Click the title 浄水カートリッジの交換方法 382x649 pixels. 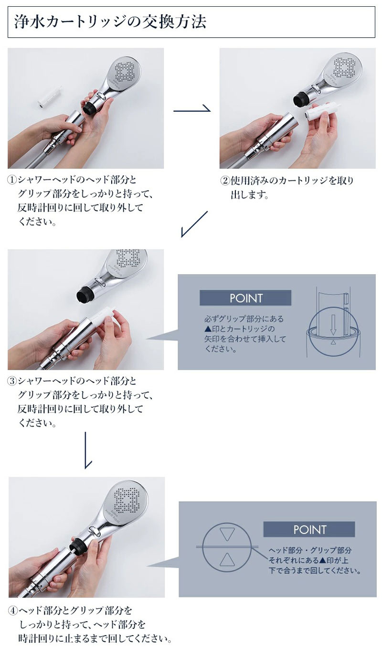coord(110,22)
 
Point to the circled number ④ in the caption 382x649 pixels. coord(13,611)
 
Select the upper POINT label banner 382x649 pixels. coord(245,298)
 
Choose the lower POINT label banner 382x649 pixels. coord(309,529)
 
